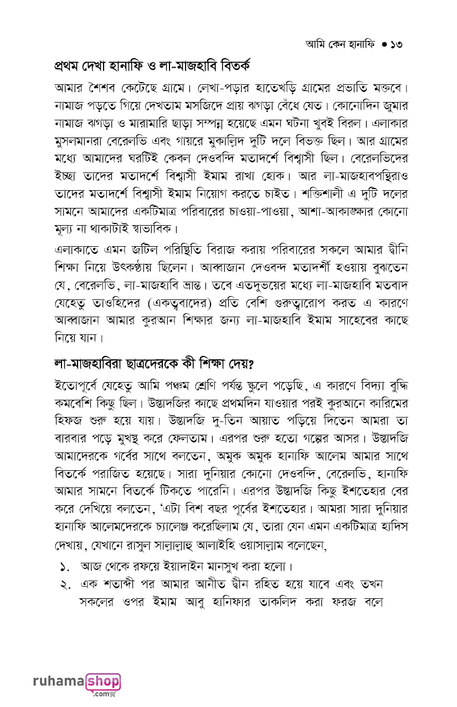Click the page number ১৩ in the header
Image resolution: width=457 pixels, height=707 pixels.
point(394,44)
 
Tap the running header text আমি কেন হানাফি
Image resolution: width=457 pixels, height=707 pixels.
point(340,44)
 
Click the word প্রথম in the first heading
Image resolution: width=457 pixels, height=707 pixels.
point(69,67)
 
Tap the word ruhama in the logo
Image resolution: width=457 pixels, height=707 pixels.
point(58,682)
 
